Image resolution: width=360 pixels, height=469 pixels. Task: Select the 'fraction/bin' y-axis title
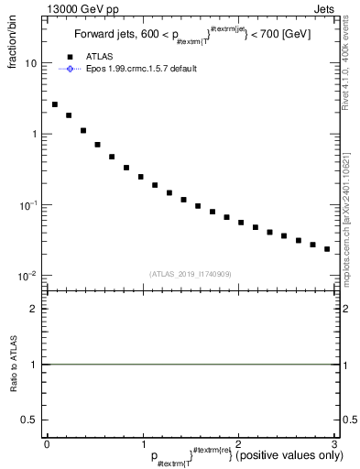22,40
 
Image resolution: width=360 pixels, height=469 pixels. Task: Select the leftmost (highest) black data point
55,104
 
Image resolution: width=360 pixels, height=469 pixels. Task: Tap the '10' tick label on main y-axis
31,64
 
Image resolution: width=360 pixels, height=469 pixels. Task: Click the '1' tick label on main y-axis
34,135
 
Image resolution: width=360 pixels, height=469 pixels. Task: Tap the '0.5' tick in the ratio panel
30,420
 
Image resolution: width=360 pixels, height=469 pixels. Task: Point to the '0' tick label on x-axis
47,444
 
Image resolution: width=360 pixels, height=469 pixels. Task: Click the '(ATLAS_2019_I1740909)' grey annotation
190,274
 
